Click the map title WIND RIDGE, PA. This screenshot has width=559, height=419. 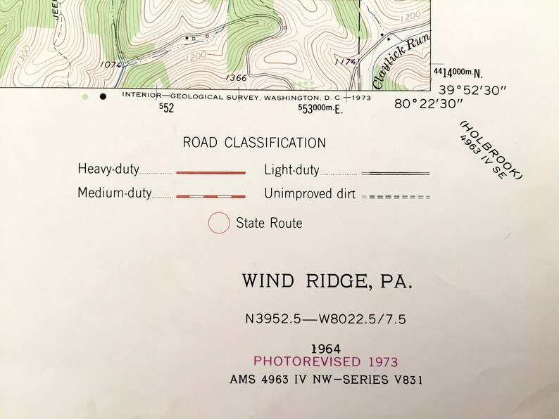click(x=327, y=281)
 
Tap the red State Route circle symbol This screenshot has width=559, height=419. click(x=219, y=224)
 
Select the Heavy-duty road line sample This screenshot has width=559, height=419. click(x=211, y=172)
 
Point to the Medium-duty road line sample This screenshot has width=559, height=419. click(x=211, y=196)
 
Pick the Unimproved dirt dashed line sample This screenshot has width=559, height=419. click(x=395, y=197)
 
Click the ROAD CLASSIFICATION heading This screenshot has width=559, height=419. click(x=254, y=143)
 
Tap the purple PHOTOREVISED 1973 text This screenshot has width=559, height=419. click(x=325, y=362)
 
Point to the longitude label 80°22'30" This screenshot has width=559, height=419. click(x=428, y=104)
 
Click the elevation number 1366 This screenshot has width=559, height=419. click(x=237, y=78)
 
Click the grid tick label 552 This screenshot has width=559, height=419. click(x=166, y=108)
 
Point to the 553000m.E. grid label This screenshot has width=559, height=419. click(x=320, y=108)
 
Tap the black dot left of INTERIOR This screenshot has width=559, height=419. click(x=103, y=96)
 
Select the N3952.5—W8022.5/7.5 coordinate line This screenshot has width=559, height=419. click(x=325, y=319)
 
